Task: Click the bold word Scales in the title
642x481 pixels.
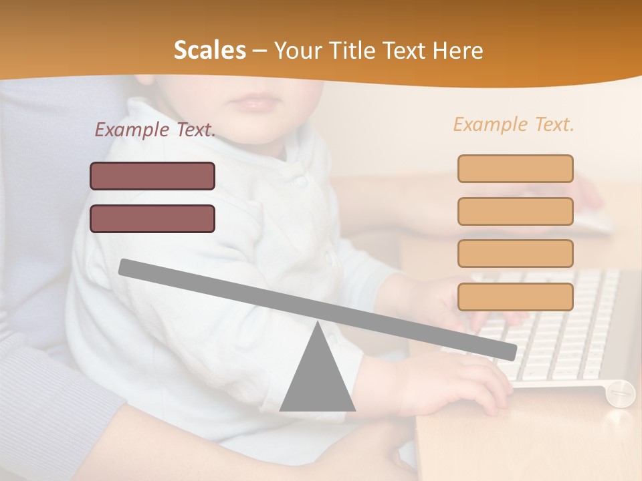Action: (209, 50)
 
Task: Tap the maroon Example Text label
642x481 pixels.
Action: (155, 130)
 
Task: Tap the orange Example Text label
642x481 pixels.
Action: (514, 124)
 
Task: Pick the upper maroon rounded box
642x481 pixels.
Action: (152, 176)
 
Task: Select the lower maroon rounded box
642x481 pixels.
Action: (152, 218)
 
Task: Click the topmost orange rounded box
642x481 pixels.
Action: (515, 168)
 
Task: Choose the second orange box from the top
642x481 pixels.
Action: (515, 211)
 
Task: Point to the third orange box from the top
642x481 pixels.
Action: (515, 254)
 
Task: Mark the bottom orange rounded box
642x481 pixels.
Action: (515, 297)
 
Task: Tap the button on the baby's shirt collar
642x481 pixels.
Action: (302, 180)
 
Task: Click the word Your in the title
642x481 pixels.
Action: (299, 50)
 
